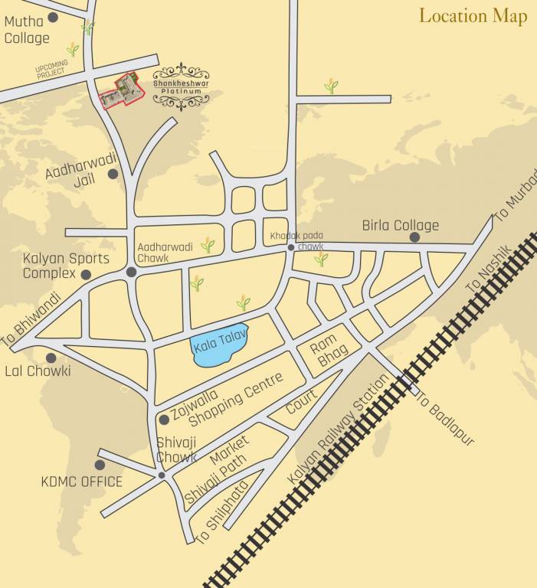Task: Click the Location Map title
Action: coord(473,16)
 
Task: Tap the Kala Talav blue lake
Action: coord(220,348)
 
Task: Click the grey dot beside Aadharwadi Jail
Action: coord(113,175)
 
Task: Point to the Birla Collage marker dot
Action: coord(414,237)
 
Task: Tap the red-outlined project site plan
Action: coord(122,92)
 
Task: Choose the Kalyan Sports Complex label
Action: coord(66,266)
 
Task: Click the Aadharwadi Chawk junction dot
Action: coord(132,272)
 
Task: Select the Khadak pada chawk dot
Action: coord(291,248)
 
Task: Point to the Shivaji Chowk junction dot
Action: coord(161,476)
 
